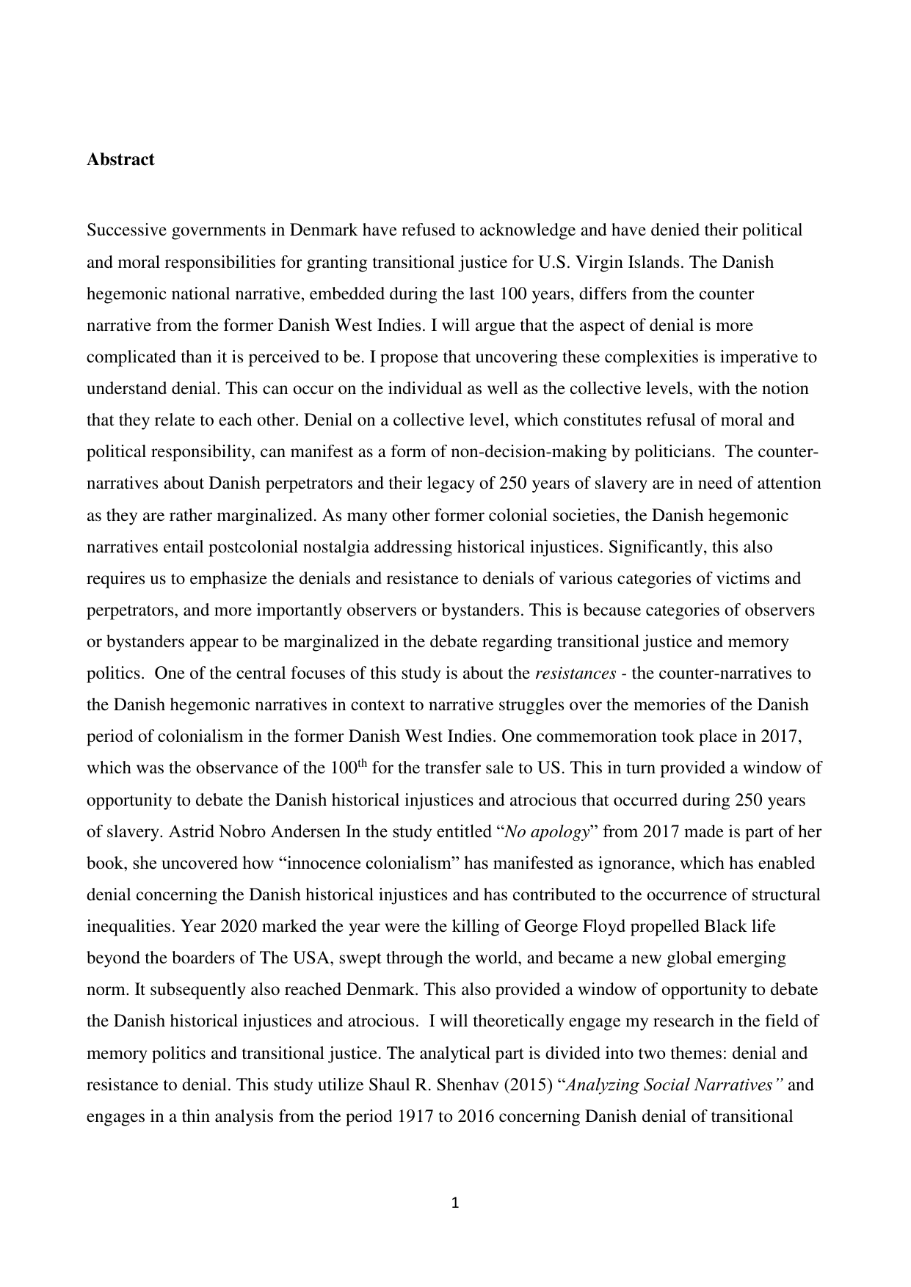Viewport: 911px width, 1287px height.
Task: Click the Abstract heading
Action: [120, 160]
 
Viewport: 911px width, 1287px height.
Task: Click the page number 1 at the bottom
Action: [455, 1203]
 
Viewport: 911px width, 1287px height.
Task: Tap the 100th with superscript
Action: [349, 768]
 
